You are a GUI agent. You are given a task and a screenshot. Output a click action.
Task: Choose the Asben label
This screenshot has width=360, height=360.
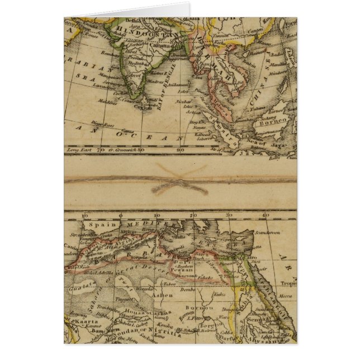166,294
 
